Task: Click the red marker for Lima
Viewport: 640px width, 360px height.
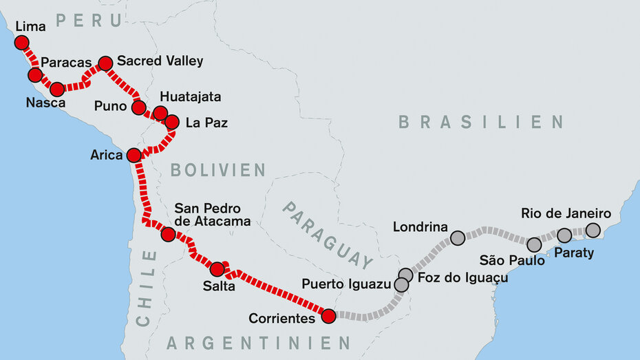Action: point(22,43)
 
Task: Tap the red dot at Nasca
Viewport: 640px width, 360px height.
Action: point(57,89)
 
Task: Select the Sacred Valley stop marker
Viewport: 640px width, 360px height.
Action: point(105,63)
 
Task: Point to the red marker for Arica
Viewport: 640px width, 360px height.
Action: point(134,155)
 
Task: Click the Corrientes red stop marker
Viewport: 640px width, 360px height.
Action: point(328,316)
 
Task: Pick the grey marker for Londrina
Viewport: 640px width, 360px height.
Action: point(458,238)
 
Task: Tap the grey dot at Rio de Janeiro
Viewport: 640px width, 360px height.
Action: point(593,230)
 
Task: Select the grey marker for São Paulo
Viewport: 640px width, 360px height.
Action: point(534,244)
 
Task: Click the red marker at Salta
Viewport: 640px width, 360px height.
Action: point(217,269)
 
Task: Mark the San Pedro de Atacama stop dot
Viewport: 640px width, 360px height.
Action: point(168,235)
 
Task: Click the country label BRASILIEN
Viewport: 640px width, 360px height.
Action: point(481,123)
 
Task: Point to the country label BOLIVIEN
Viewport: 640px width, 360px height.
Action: point(217,170)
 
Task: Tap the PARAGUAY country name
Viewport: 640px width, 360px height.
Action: point(327,234)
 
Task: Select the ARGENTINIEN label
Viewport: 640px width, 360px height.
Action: point(259,342)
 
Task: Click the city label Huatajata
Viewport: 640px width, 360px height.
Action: point(190,97)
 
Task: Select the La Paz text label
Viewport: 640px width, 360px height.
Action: point(206,124)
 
